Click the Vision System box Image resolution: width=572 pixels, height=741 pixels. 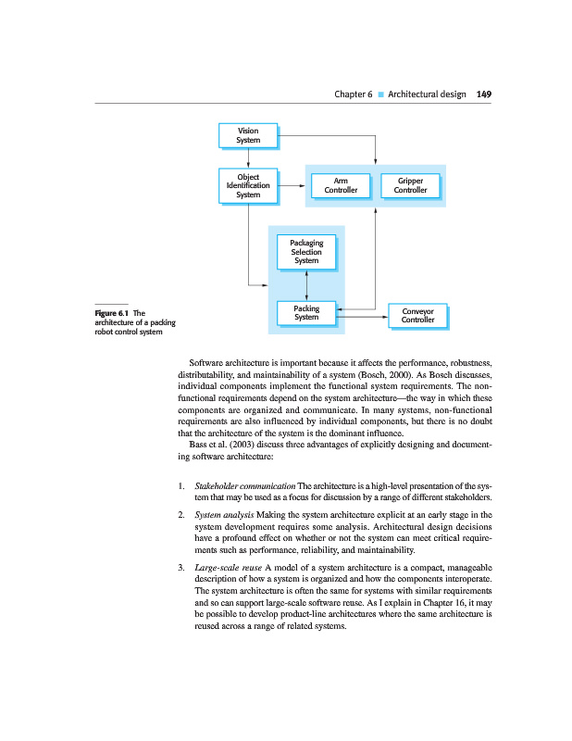(x=248, y=135)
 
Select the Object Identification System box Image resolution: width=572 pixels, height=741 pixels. (x=248, y=185)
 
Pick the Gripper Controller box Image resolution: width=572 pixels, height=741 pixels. (x=410, y=185)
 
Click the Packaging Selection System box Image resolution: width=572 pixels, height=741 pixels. (x=306, y=252)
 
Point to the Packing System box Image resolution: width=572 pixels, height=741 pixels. (x=306, y=313)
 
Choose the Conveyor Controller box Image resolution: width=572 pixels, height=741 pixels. (x=417, y=317)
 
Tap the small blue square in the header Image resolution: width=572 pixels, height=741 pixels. (x=380, y=94)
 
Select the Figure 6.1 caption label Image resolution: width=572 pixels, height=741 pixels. (x=112, y=313)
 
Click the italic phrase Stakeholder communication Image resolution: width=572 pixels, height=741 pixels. (x=245, y=485)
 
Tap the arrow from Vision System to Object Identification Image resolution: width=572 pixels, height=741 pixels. (x=248, y=157)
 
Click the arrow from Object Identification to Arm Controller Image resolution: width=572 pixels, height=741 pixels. (x=291, y=185)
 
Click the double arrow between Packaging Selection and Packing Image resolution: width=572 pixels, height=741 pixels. (x=306, y=283)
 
